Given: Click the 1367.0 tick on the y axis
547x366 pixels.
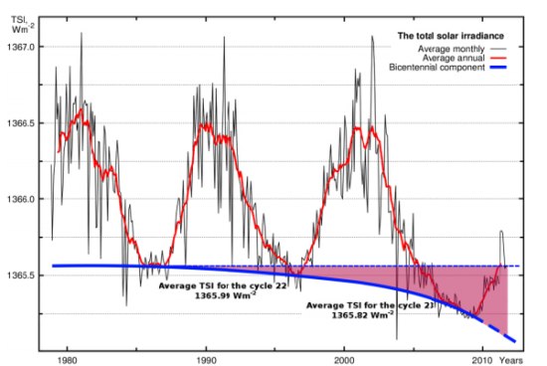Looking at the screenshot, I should click(21, 47).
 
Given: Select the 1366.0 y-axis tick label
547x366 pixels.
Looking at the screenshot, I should click(21, 199).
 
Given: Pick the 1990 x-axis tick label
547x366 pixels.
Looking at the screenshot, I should click(207, 358).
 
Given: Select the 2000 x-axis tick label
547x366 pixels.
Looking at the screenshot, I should click(345, 358).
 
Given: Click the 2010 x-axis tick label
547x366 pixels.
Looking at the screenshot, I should click(482, 358).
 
